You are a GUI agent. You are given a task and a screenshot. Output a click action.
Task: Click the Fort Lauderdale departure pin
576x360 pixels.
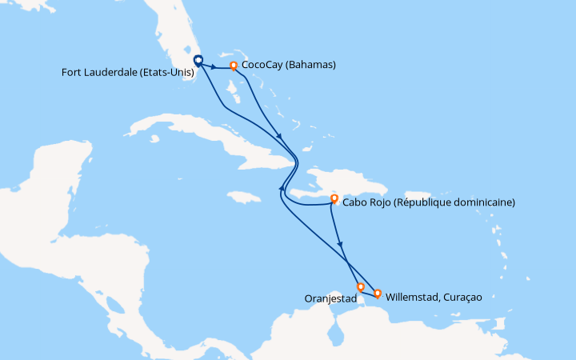pos(198,59)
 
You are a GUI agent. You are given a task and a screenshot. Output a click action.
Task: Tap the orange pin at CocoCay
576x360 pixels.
pos(234,66)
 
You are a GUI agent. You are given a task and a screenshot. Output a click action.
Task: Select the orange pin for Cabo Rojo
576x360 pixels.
pos(334,198)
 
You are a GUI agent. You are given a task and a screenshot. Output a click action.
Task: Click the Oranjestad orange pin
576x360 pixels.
pos(361,286)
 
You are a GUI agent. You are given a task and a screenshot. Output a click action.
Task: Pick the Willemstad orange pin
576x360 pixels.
pos(378,294)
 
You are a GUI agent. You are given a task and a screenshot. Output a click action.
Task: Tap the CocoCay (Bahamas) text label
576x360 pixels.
pos(289,65)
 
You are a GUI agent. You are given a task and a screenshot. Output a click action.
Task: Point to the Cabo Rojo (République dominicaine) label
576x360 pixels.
pos(428,202)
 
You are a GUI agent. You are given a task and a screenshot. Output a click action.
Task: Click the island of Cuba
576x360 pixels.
pos(192,136)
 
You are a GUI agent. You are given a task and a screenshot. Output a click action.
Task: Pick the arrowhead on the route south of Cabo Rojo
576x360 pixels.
pos(340,244)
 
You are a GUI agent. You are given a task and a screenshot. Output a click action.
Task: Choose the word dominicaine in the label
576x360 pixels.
pos(482,202)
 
